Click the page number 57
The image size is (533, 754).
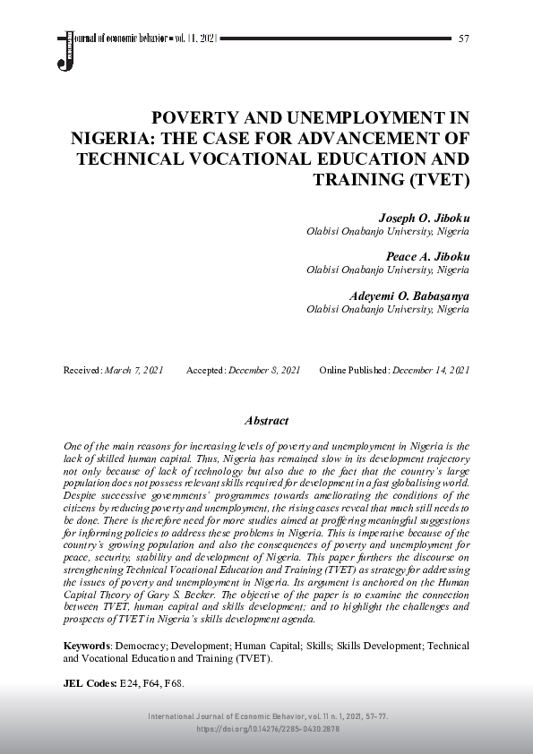[463, 39]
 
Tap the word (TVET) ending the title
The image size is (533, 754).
[439, 179]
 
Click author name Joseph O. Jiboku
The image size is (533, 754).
[425, 218]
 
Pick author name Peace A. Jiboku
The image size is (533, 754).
[427, 256]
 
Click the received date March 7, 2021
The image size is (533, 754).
[134, 370]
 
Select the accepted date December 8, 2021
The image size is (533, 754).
[264, 370]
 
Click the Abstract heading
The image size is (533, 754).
[266, 421]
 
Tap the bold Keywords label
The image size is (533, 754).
[87, 646]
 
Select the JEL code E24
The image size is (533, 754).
[130, 682]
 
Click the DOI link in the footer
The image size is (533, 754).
[268, 730]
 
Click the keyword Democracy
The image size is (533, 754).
[144, 646]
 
